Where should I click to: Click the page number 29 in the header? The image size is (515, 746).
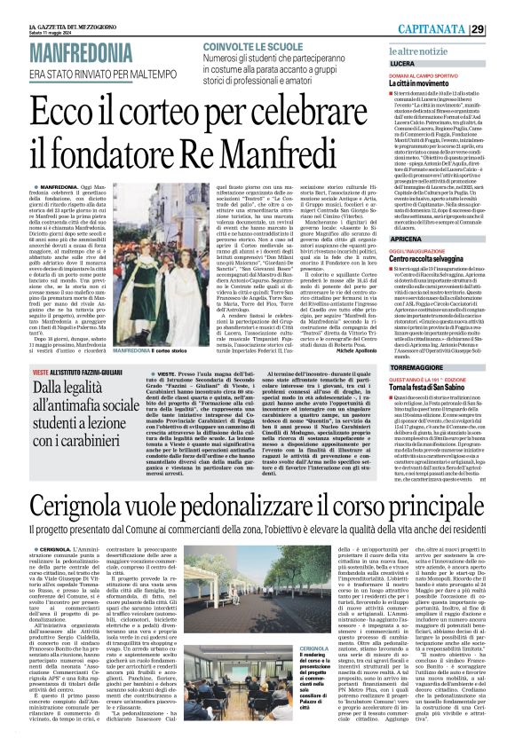pos(502,7)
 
